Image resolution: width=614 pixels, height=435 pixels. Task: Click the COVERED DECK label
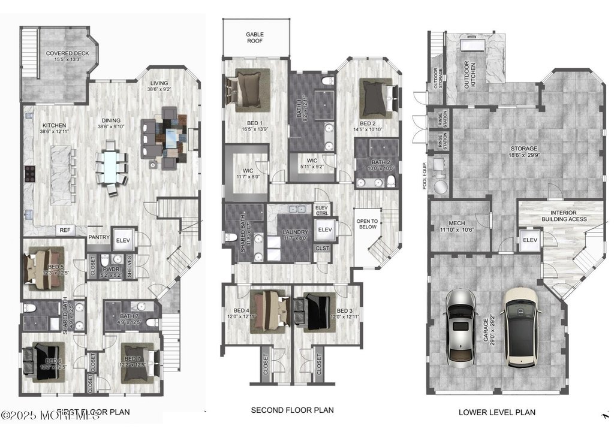(63, 56)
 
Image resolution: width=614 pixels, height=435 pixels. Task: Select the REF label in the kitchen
(65, 230)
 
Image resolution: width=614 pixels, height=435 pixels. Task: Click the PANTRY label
(99, 237)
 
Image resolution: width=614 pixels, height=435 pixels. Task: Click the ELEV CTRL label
(321, 210)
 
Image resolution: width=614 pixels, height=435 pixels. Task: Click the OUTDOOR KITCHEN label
(471, 75)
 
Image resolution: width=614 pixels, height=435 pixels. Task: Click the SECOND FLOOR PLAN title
(292, 410)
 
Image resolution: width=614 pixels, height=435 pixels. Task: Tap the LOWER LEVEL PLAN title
(497, 412)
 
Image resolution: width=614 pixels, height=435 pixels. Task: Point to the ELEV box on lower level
(529, 240)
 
